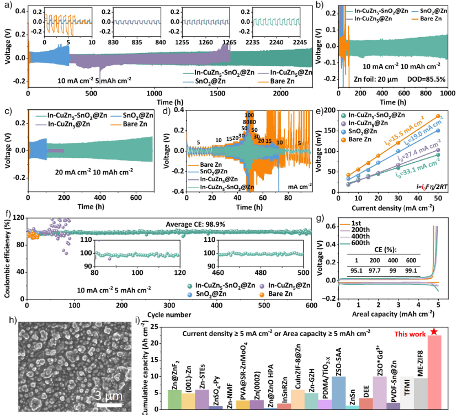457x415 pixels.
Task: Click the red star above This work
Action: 434,331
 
